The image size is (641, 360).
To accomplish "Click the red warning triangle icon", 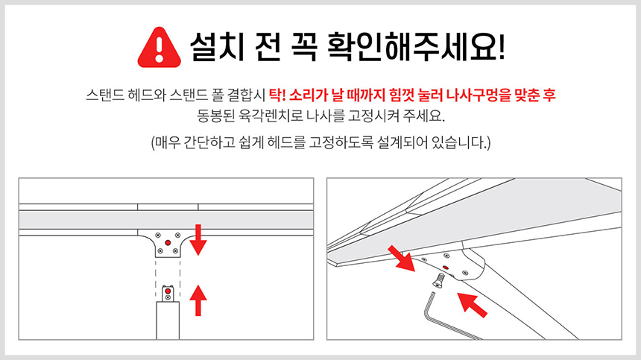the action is (x=159, y=48).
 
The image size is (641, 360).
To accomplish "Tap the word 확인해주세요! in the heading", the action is (x=416, y=46).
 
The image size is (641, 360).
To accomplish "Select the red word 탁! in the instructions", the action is (x=277, y=95).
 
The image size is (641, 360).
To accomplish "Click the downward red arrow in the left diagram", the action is (x=198, y=240).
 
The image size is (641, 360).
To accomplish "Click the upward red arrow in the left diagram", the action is (x=198, y=300).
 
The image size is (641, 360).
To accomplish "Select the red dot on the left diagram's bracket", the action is (x=168, y=243).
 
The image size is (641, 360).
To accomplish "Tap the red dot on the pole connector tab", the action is (x=168, y=291).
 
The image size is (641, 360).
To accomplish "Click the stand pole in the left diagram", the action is (x=168, y=320).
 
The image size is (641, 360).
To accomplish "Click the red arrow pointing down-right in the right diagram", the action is (x=402, y=258).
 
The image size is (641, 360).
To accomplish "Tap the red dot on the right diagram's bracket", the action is (x=445, y=268).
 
